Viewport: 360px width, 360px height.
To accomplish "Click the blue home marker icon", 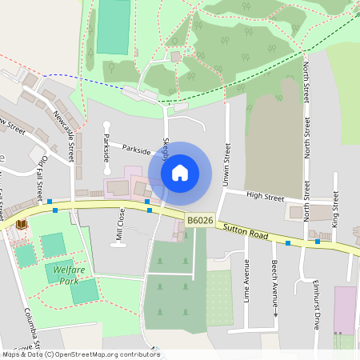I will (x=180, y=172).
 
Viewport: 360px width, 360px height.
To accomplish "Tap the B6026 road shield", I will (x=199, y=220).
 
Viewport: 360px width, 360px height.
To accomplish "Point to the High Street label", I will (x=266, y=195).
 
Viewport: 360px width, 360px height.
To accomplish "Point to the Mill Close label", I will (x=120, y=225).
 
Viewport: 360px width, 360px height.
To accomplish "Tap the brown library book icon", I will (x=20, y=225).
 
